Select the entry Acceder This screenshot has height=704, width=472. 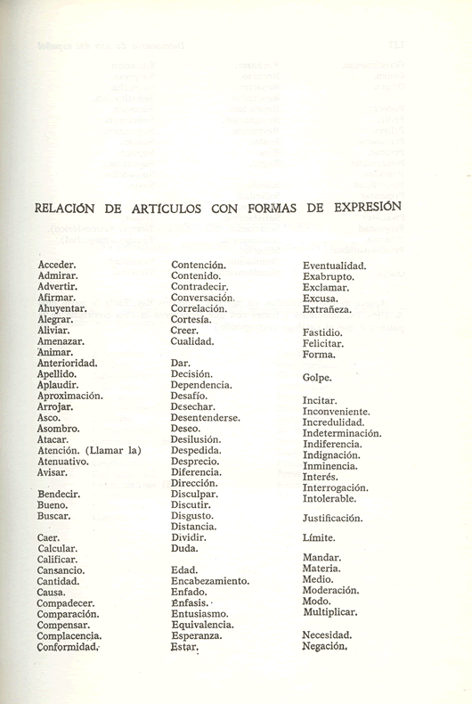pyautogui.click(x=57, y=265)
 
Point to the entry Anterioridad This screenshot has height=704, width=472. pyautogui.click(x=68, y=364)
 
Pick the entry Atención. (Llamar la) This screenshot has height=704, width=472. pyautogui.click(x=89, y=450)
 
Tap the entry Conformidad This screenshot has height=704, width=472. pyautogui.click(x=69, y=648)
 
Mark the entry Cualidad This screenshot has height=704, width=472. pyautogui.click(x=192, y=341)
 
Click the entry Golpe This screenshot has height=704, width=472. pyautogui.click(x=317, y=377)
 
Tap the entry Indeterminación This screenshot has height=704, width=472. pyautogui.click(x=342, y=433)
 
